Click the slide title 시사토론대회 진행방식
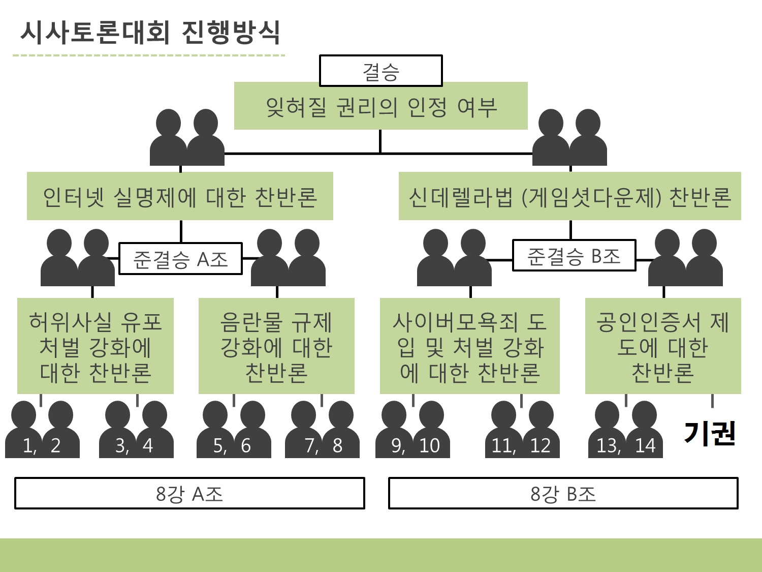tap(150, 33)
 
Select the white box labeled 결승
tap(381, 71)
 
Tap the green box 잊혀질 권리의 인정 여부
tap(381, 106)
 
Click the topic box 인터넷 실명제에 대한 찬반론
tap(180, 196)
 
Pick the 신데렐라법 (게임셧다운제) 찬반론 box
tap(569, 196)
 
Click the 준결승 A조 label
tap(180, 259)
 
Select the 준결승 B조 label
tap(574, 255)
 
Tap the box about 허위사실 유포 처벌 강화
tap(96, 346)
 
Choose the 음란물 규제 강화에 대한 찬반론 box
tap(276, 346)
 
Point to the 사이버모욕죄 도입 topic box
tap(470, 346)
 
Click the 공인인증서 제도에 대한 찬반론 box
tap(663, 346)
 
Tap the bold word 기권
tap(710, 433)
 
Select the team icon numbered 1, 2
tap(42, 431)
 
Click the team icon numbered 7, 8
tap(323, 431)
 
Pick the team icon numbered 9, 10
tap(413, 431)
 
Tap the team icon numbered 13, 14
tap(625, 431)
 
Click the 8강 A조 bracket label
tap(189, 493)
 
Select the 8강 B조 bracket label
tap(563, 493)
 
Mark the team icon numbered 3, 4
tap(136, 431)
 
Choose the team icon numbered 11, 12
tap(522, 431)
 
